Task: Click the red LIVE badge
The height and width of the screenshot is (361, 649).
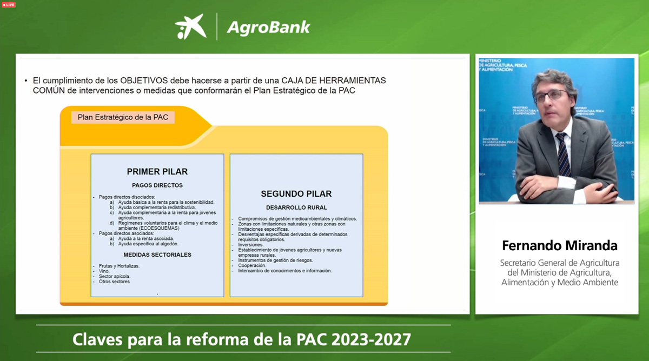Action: click(9, 5)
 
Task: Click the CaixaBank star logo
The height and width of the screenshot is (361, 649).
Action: click(190, 26)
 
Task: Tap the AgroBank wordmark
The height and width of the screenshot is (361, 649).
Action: click(268, 28)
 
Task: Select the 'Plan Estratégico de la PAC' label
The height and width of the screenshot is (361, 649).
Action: click(123, 117)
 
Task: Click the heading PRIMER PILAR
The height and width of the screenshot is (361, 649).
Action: click(157, 172)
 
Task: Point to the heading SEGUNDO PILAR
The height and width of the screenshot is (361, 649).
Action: click(296, 193)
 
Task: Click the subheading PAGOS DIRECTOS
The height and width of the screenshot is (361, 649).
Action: click(157, 185)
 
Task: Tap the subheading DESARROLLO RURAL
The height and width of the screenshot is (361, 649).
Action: click(296, 208)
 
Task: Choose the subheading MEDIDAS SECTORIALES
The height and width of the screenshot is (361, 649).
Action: click(157, 255)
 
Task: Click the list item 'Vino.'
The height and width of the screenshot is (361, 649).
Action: click(104, 271)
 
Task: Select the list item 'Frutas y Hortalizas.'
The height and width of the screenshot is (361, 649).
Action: click(119, 266)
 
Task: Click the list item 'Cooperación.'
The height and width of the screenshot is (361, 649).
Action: click(252, 265)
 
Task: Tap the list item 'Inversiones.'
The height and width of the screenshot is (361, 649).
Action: click(250, 245)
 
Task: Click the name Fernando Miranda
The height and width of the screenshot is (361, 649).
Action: click(559, 245)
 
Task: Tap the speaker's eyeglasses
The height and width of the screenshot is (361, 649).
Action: click(551, 96)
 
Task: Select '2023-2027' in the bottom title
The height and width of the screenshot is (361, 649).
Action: click(371, 339)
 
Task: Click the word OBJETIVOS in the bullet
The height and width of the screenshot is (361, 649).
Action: click(144, 81)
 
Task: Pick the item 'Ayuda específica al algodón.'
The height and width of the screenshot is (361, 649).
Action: click(148, 244)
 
